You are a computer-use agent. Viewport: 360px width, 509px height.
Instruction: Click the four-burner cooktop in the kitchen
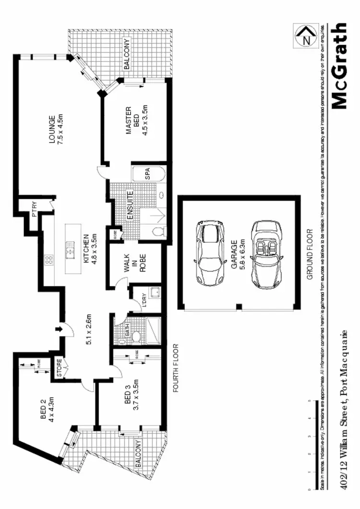click(x=48, y=260)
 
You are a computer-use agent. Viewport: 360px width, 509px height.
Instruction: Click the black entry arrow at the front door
click(x=59, y=329)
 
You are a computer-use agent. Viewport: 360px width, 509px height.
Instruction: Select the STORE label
click(x=58, y=369)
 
